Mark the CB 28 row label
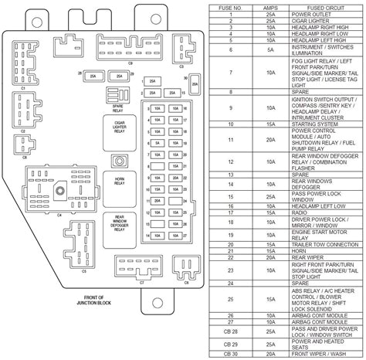pyautogui.click(x=230, y=331)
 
